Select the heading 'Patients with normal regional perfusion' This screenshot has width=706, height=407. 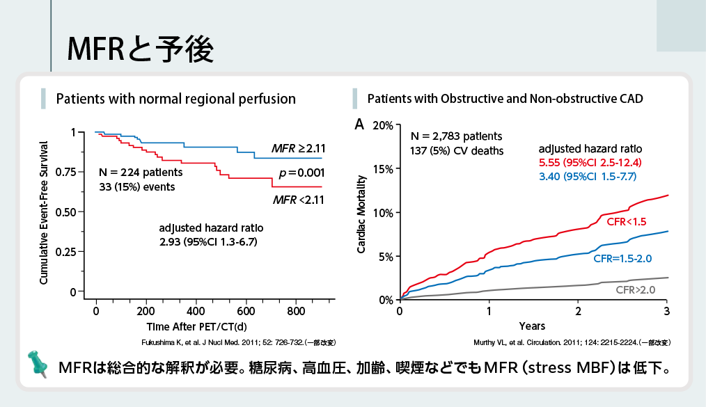(175, 99)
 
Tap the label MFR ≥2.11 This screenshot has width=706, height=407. (299, 149)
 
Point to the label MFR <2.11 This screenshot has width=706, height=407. (299, 200)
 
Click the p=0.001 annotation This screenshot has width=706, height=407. (301, 173)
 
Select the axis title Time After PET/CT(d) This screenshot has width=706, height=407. (196, 326)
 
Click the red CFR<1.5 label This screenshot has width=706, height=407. (627, 221)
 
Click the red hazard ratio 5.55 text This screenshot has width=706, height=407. (590, 163)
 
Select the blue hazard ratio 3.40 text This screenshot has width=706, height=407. (587, 177)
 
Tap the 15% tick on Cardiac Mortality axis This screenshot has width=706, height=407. (383, 168)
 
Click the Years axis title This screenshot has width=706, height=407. (532, 326)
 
